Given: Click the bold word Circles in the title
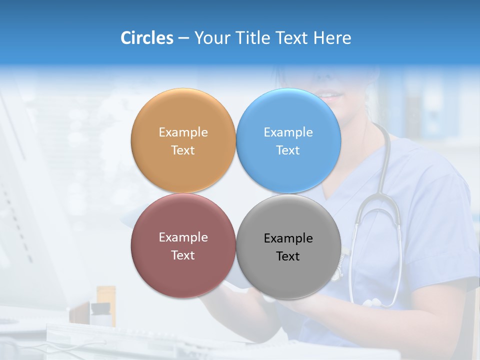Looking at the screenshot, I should (x=147, y=38).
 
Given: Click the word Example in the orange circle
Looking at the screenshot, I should (x=183, y=132).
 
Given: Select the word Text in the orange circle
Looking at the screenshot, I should (x=183, y=150).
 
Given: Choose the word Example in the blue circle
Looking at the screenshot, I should (x=288, y=132).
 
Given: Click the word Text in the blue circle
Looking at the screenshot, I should (x=288, y=150).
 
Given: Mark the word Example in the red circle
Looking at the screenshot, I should (x=183, y=237).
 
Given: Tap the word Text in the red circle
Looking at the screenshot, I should (x=183, y=255).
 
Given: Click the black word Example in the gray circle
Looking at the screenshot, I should (x=288, y=238).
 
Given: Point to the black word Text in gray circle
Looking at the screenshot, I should (x=288, y=256).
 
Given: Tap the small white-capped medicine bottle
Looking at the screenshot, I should (x=100, y=314).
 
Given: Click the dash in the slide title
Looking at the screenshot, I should (x=183, y=38).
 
